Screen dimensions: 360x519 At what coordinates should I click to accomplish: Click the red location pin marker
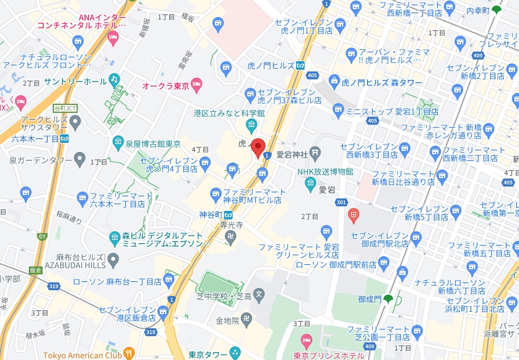pyautogui.click(x=259, y=148)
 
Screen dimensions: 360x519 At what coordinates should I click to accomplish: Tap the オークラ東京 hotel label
pyautogui.click(x=166, y=86)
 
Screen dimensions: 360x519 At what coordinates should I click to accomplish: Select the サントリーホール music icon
pyautogui.click(x=115, y=80)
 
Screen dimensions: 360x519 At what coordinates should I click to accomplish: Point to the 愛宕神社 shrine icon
pyautogui.click(x=316, y=153)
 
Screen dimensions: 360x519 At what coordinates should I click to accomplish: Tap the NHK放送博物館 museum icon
pyautogui.click(x=310, y=183)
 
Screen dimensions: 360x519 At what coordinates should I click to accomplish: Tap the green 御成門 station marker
pyautogui.click(x=389, y=299)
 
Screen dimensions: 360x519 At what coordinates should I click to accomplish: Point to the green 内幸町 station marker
pyautogui.click(x=497, y=10)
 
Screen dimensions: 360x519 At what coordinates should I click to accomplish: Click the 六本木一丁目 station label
pyautogui.click(x=32, y=138)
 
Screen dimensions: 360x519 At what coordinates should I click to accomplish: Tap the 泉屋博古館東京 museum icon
pyautogui.click(x=118, y=142)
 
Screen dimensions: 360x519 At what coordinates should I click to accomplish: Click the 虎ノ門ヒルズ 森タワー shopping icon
pyautogui.click(x=336, y=83)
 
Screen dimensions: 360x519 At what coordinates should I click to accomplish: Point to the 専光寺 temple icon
pyautogui.click(x=230, y=237)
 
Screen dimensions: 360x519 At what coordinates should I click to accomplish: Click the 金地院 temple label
pyautogui.click(x=227, y=321)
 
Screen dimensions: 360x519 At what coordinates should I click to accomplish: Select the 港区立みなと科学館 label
pyautogui.click(x=229, y=113)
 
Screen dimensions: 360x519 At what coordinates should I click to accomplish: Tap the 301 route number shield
pyautogui.click(x=341, y=202)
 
